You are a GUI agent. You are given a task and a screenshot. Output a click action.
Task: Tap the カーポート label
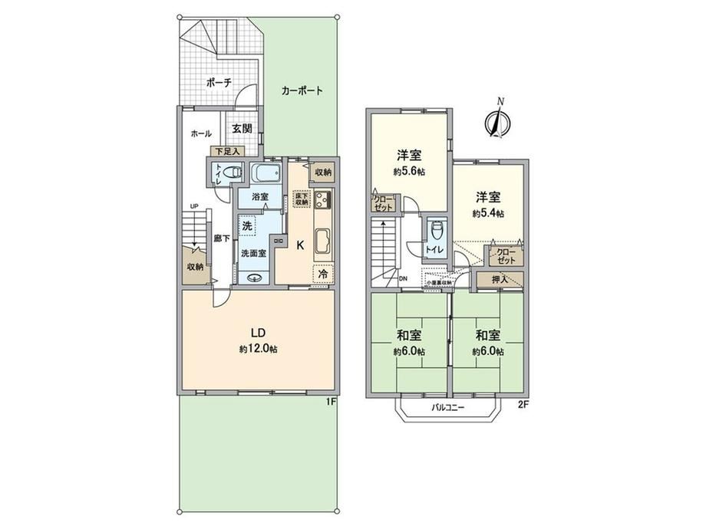point(302,90)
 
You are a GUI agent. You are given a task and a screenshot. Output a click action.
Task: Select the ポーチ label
point(219,82)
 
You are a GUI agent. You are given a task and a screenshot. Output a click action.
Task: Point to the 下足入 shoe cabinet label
point(226,151)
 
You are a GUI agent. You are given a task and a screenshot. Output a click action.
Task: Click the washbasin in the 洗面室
point(256,279)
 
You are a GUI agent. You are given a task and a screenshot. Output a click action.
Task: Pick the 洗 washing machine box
point(247,226)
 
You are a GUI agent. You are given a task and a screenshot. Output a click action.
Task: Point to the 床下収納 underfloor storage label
point(301,199)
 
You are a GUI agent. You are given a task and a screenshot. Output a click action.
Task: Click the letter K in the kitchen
point(301,244)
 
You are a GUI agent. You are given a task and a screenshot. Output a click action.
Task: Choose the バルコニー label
point(447,408)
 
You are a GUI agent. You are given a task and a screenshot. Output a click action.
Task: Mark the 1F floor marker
point(331,399)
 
